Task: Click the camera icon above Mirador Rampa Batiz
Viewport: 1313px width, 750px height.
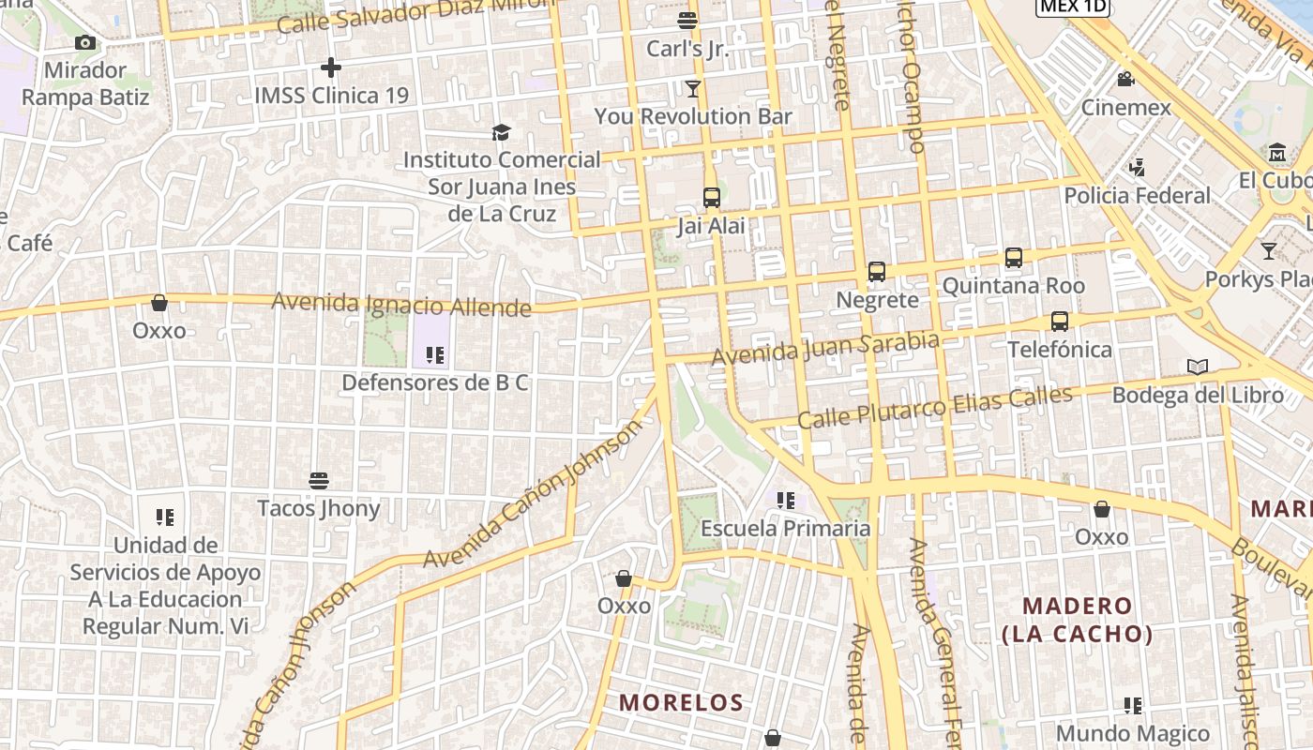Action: (85, 42)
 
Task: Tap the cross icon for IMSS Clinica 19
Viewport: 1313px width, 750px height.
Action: (330, 67)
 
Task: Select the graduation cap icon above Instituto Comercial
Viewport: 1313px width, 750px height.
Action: (502, 132)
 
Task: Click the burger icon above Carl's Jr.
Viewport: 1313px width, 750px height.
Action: (687, 20)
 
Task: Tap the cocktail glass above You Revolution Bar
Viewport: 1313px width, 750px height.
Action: (693, 89)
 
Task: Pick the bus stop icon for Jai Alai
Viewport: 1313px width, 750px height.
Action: (712, 198)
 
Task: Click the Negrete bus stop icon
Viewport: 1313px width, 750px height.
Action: (877, 272)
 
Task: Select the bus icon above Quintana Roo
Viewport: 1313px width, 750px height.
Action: (1014, 258)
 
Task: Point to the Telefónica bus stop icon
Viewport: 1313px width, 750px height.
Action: (1060, 322)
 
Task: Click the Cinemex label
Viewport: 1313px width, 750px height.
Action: (1126, 107)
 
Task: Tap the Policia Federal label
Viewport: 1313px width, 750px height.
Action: (1137, 195)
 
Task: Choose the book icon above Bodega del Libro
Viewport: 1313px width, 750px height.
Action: (1198, 367)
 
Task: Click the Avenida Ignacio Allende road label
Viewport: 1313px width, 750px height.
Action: (401, 304)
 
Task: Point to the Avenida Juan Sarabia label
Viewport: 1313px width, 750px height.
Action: (824, 348)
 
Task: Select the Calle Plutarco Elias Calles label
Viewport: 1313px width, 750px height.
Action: (934, 407)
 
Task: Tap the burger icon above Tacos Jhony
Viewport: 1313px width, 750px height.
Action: (319, 481)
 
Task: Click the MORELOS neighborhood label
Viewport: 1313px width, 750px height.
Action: (682, 702)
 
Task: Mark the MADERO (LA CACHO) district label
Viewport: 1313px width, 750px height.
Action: (1078, 620)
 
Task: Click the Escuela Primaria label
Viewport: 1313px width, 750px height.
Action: (786, 528)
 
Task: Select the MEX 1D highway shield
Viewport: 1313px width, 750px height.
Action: (1073, 7)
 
